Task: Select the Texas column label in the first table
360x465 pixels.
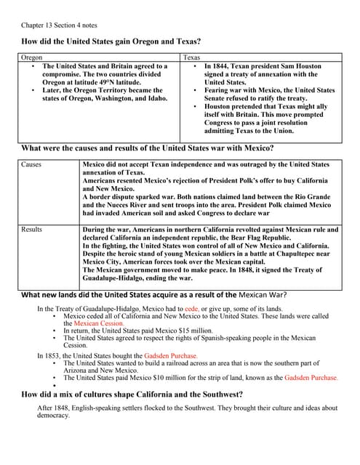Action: pos(192,57)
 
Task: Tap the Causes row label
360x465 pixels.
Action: pos(32,165)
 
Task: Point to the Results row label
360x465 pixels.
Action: pos(32,230)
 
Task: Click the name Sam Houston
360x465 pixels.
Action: pos(306,66)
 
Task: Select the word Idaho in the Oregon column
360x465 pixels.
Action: pos(157,97)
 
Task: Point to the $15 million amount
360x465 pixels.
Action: pos(164,331)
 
